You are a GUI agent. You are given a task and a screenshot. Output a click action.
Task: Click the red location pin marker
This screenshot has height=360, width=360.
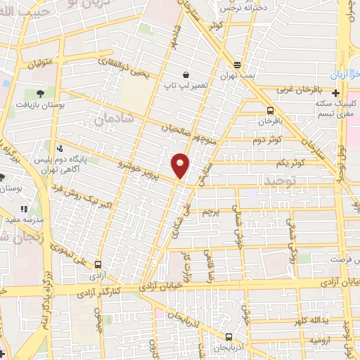coord(181,165)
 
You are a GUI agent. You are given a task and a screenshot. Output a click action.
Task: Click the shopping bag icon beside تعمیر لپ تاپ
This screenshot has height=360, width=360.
coord(185,74)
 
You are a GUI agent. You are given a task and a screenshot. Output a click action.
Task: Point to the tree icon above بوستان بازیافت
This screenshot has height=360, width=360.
coord(39,92)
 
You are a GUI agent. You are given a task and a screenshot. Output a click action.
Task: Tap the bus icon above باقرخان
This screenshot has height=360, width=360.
coord(271,110)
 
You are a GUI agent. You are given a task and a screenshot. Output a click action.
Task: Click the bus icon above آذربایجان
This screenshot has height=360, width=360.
coord(229,338)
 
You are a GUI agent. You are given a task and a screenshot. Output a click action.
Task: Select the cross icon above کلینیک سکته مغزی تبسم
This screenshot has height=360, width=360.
coord(335,93)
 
